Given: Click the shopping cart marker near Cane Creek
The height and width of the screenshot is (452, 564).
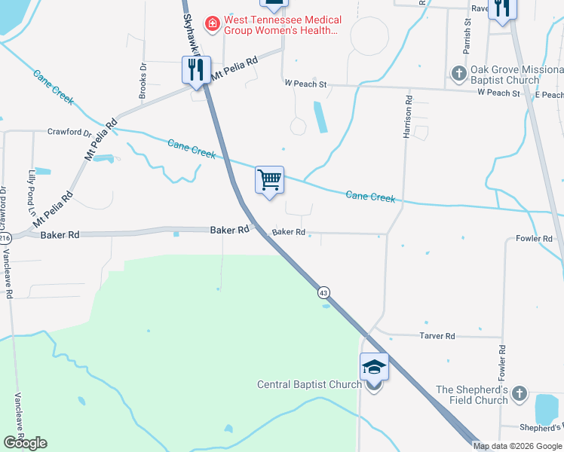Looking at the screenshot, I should pos(269,181).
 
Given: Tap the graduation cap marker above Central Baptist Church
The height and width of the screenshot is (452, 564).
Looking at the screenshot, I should pos(374,368).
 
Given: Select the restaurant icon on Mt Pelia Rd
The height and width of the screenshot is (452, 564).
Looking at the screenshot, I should pos(195,71).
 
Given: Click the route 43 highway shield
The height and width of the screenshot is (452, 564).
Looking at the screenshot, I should pos(323,292).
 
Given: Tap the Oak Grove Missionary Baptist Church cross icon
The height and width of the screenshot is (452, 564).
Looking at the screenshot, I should pos(458,74).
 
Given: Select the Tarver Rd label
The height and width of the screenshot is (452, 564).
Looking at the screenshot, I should pos(438,336).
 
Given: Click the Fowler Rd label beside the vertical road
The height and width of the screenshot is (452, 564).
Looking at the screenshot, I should pos(501,368).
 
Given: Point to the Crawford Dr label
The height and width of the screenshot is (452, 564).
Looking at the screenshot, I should pos(69,132).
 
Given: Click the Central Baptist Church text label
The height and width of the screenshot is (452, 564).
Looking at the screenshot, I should pos(309,384).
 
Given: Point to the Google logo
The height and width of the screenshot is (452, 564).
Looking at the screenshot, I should pos(25,443).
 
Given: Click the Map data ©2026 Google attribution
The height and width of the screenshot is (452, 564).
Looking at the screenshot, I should pos(518,446).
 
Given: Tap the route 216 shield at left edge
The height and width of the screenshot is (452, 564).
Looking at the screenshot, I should pos(5,238).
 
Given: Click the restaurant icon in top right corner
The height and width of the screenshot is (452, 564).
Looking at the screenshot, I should pos(502,8).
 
